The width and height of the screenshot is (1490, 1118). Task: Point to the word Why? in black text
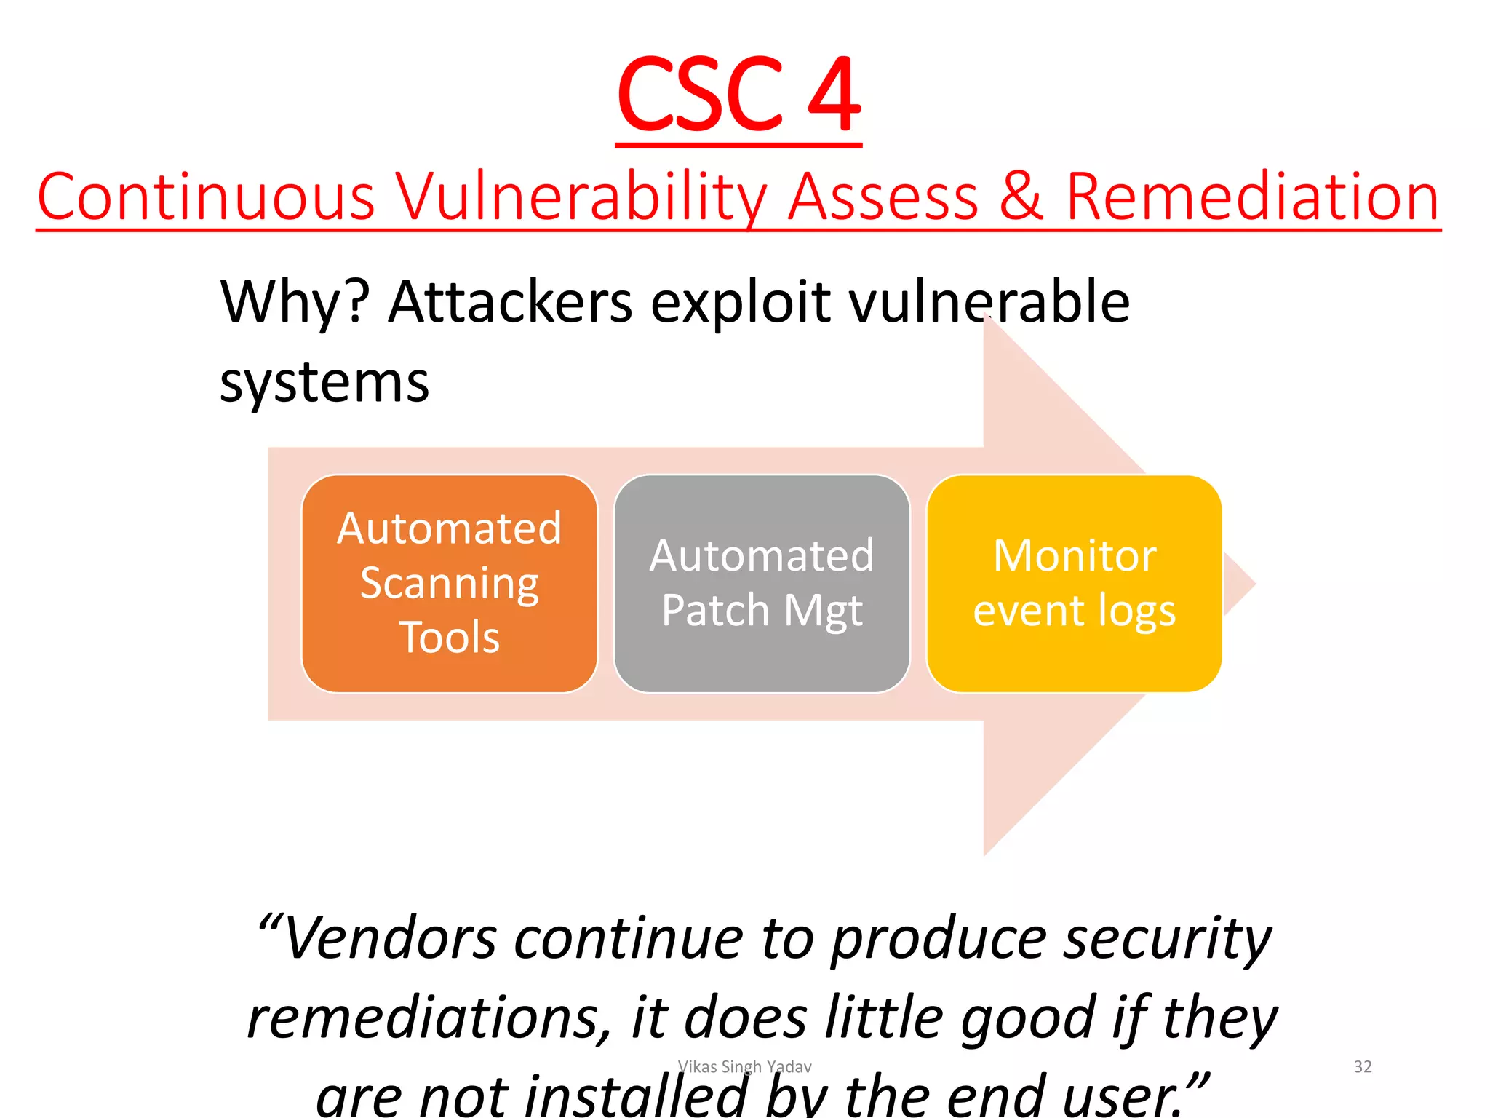[x=295, y=301]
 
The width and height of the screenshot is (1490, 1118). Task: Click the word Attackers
[x=510, y=301]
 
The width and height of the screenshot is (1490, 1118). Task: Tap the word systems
[x=324, y=382]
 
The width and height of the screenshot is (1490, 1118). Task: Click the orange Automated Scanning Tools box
[x=450, y=583]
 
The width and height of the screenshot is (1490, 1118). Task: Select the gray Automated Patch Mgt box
[x=762, y=583]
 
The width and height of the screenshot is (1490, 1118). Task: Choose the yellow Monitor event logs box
[x=1074, y=583]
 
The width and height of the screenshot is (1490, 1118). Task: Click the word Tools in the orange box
[x=450, y=638]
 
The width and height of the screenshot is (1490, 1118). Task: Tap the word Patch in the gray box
[x=715, y=610]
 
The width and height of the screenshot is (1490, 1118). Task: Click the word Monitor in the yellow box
[x=1075, y=556]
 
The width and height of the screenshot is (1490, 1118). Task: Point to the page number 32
[x=1362, y=1067]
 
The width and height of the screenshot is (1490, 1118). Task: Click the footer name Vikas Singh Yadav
[x=744, y=1067]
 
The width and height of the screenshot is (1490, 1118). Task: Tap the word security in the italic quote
[x=1167, y=938]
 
